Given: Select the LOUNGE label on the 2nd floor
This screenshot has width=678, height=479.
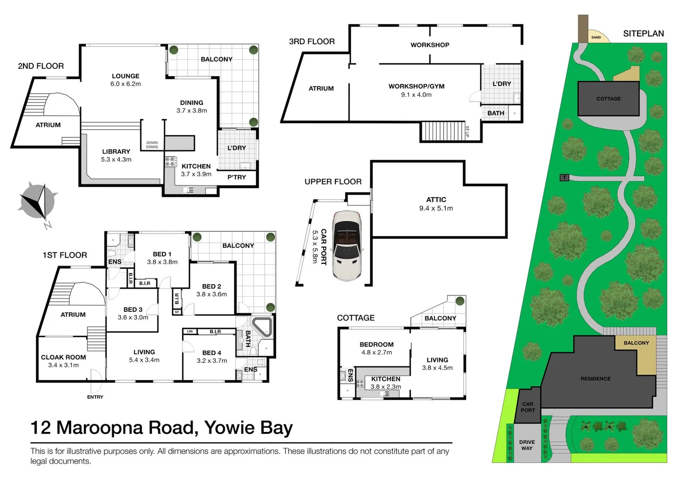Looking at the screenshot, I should [126, 76].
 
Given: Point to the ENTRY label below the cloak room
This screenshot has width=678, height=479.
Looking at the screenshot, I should [95, 397].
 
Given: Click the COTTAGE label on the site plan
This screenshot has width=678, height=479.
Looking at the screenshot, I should [608, 99].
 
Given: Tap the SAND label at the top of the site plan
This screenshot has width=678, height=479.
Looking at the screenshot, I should [596, 37].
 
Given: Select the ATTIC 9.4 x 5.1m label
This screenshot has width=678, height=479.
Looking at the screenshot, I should [436, 204].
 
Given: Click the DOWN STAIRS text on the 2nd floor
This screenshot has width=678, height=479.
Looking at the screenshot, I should [152, 145].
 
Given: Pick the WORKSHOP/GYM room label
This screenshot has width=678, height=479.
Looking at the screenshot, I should [416, 86].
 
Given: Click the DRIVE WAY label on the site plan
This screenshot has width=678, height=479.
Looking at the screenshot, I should [527, 445].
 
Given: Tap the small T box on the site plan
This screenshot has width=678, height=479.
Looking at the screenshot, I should [564, 178].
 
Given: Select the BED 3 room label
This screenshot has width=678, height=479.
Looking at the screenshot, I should [133, 310].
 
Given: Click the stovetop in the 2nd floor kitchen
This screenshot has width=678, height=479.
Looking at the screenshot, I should [170, 161].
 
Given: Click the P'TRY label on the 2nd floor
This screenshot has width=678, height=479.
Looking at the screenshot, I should [237, 177].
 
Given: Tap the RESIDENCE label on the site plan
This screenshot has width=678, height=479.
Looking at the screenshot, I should [595, 379].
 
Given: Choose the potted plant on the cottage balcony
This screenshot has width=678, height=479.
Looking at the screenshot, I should [460, 301].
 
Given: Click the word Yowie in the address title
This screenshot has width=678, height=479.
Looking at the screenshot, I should [230, 428].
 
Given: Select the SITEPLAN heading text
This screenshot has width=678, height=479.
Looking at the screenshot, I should [643, 34].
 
